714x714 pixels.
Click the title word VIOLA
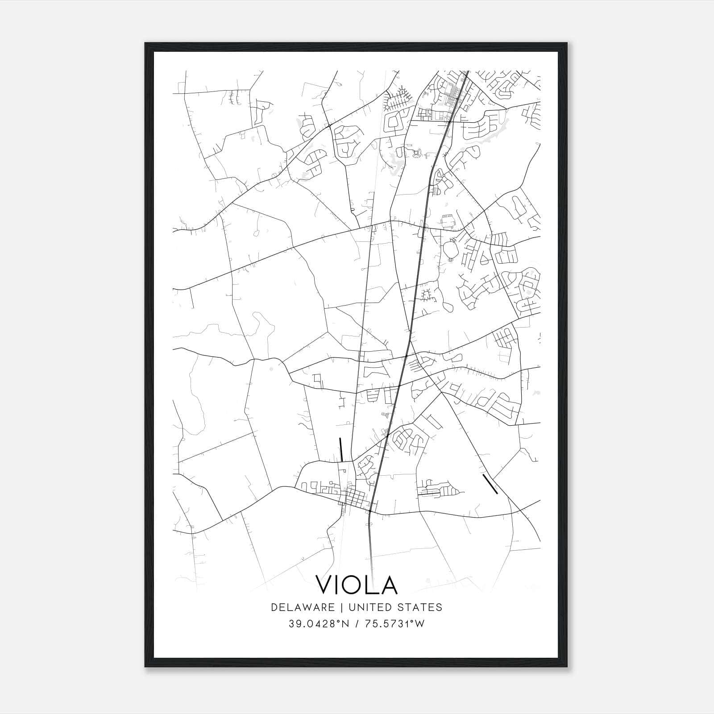357,585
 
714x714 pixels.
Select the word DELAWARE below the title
303,607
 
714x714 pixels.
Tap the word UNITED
368,607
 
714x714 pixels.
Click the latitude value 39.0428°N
317,624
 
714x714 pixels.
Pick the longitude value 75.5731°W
395,624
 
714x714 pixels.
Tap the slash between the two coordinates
356,624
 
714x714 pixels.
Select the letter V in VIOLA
325,585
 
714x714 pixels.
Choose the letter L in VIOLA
371,585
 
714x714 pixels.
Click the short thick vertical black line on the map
341,449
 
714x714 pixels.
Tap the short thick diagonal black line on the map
490,484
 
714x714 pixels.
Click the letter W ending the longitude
420,624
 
